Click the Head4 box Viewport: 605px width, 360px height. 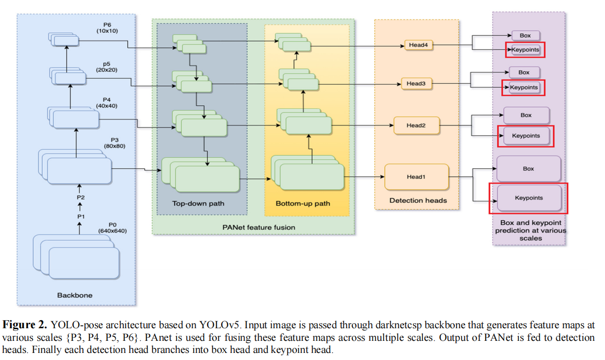point(418,45)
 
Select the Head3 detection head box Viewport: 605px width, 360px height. point(416,84)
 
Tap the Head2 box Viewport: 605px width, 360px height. point(416,126)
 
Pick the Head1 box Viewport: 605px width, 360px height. point(416,177)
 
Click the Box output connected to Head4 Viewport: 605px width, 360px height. point(525,35)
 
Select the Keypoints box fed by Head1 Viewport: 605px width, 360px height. point(529,198)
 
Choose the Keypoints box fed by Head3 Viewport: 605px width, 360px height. point(524,88)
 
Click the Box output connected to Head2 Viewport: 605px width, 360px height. point(526,115)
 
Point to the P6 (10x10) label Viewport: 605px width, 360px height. point(107,28)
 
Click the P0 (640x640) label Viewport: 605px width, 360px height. point(112,228)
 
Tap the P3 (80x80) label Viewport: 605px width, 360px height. point(114,143)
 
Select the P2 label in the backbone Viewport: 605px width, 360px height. point(81,198)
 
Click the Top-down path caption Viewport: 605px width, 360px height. point(198,203)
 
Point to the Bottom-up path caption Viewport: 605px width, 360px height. point(303,203)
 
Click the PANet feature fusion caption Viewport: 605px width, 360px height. point(259,227)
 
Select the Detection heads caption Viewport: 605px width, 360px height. point(418,200)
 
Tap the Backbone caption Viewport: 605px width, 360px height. point(75,295)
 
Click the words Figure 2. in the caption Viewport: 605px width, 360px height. point(25,325)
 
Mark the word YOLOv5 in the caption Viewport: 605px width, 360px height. point(219,325)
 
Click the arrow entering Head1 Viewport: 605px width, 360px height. point(364,177)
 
